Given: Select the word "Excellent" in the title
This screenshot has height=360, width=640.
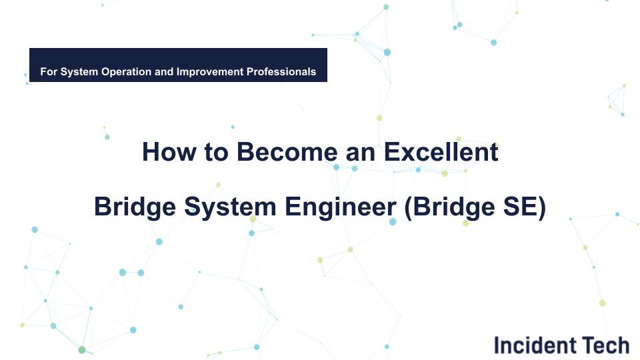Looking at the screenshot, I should coord(441,152).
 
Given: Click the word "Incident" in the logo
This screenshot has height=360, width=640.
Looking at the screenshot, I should coord(535,345).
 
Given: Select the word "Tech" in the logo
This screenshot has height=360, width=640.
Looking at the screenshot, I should coord(605,345).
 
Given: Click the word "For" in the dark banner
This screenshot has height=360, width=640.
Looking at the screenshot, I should coord(49,71).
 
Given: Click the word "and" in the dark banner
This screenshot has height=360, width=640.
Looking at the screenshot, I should coord(164,71).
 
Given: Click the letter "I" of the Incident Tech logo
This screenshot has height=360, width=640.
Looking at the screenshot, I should coord(497,345).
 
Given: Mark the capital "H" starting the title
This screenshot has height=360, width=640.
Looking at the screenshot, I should coord(151,152).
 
